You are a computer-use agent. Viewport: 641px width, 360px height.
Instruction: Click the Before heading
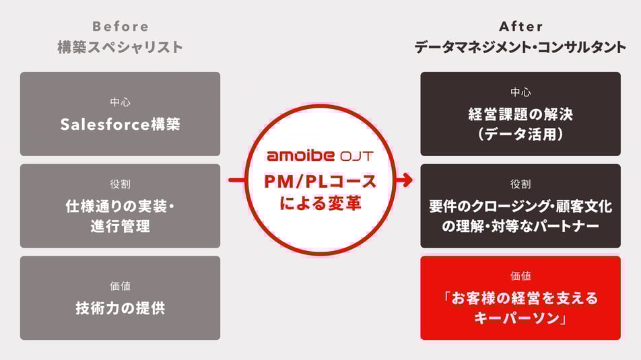pos(120,27)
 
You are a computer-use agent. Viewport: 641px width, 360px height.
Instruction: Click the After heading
pos(520,27)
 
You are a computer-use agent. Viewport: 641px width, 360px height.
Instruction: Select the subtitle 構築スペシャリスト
pos(120,47)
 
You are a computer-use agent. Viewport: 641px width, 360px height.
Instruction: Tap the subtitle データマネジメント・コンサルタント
pos(520,47)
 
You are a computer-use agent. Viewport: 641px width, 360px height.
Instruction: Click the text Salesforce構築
pos(120,124)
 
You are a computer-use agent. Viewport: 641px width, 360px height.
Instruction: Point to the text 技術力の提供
pos(120,309)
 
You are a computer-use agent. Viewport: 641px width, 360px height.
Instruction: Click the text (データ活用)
pos(520,135)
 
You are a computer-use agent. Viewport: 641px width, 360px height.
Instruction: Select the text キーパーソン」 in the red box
pos(520,318)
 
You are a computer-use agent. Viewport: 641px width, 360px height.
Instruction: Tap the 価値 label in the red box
pos(520,276)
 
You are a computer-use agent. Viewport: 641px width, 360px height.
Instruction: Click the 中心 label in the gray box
pos(120,102)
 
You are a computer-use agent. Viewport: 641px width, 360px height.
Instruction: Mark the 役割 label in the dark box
pos(520,184)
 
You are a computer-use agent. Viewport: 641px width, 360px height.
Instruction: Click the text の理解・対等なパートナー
pos(520,227)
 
